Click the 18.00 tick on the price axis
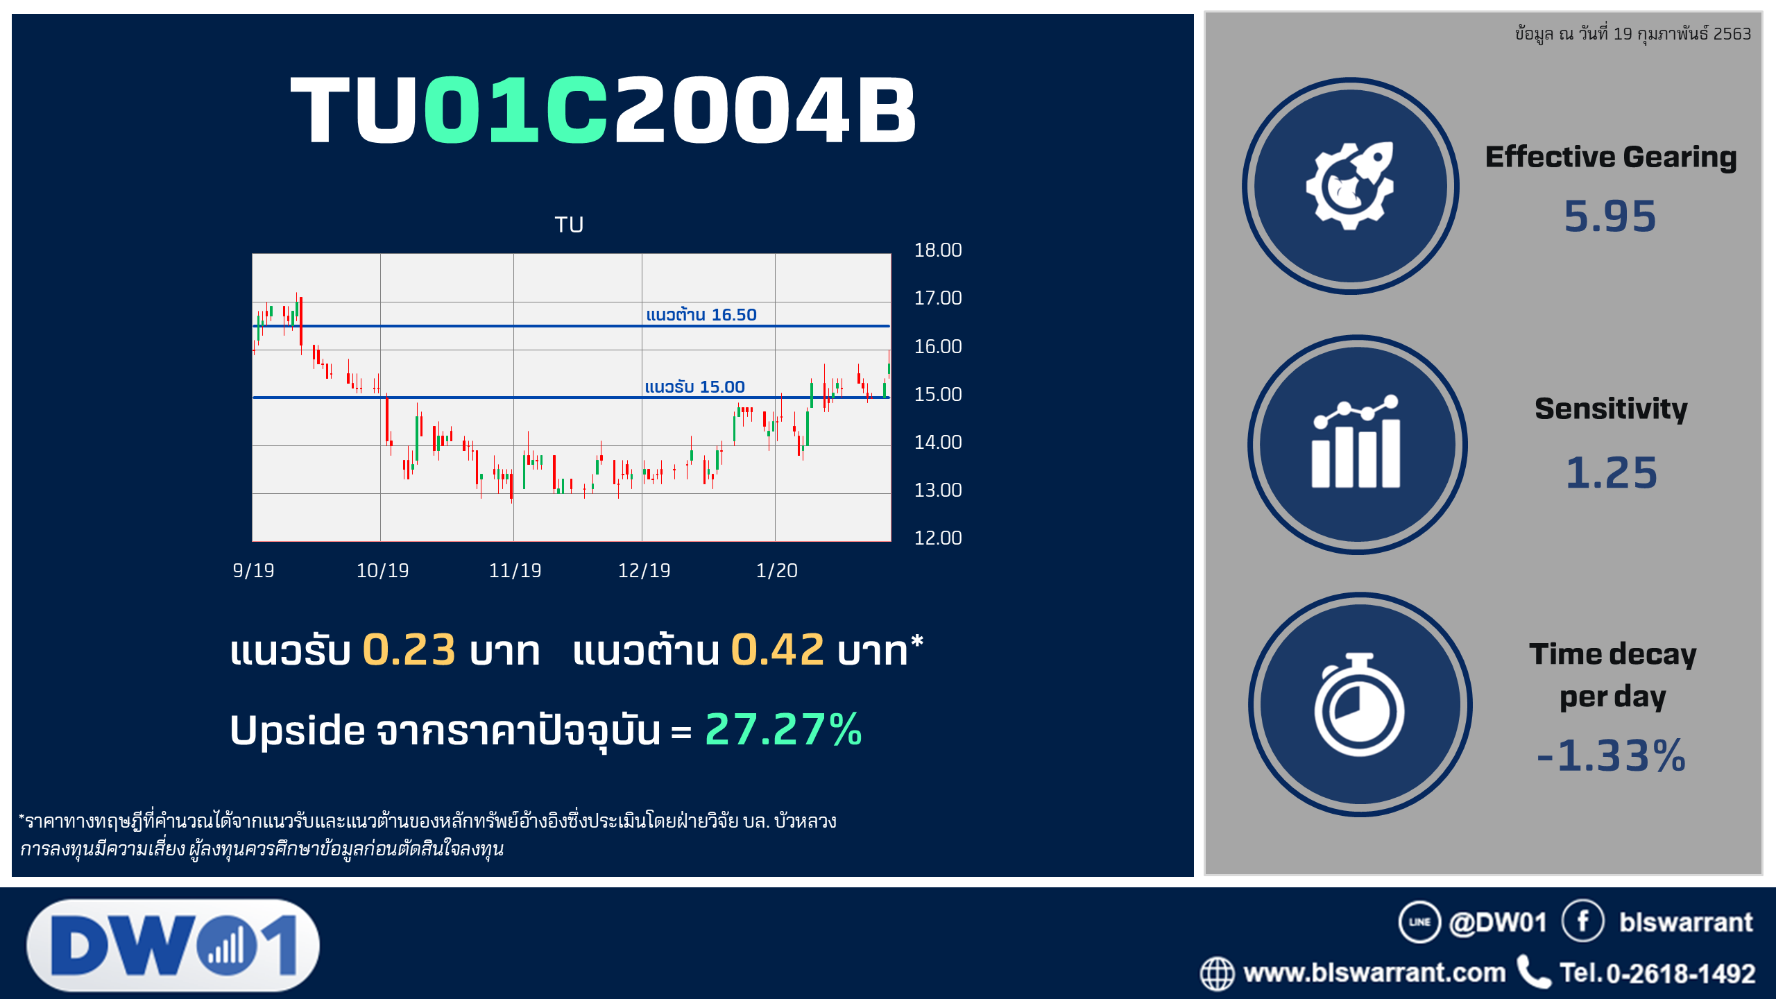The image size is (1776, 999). click(x=937, y=250)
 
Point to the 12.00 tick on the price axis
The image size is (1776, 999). click(x=937, y=538)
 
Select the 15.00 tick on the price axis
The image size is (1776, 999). click(x=937, y=395)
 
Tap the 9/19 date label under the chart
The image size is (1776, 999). click(x=253, y=571)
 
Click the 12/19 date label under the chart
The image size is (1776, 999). click(x=644, y=571)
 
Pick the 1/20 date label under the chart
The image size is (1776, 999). click(x=776, y=571)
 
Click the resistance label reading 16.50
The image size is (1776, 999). click(x=701, y=314)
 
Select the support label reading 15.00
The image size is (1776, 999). click(x=694, y=386)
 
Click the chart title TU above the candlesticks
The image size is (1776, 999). click(x=569, y=225)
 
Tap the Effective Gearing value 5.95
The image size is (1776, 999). click(x=1610, y=216)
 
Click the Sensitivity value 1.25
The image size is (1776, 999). click(x=1612, y=473)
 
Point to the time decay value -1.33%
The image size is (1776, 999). click(x=1611, y=755)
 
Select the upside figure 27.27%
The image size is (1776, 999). click(x=783, y=729)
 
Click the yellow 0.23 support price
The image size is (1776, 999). click(x=409, y=650)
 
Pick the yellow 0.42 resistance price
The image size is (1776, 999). click(x=778, y=650)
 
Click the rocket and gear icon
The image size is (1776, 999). click(x=1350, y=186)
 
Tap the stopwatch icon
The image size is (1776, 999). click(x=1359, y=704)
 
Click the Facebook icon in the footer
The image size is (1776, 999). click(x=1582, y=921)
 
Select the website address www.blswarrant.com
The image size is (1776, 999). click(x=1374, y=973)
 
